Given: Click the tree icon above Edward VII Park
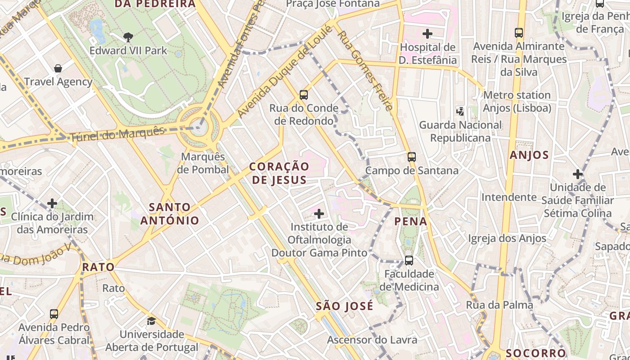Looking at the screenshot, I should click(128, 37).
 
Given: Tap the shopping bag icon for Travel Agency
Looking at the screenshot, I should click(58, 68).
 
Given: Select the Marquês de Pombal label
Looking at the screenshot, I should click(202, 163).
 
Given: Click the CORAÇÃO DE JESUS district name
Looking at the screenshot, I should click(279, 173).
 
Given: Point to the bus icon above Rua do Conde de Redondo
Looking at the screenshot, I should click(304, 94).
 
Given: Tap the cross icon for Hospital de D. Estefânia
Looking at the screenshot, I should click(427, 33).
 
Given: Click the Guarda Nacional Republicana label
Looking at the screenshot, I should click(460, 131).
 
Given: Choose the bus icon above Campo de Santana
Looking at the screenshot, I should click(412, 157).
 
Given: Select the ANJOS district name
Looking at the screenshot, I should click(529, 155).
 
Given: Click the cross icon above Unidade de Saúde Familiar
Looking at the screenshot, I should click(578, 174).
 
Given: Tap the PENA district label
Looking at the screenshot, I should click(410, 221).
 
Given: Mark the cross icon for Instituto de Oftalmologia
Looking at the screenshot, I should click(319, 213).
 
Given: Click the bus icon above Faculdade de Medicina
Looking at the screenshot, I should click(409, 260).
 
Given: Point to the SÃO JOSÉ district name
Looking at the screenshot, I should click(344, 306).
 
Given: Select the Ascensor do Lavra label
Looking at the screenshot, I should click(372, 340).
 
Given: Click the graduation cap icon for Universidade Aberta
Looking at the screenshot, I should click(152, 321).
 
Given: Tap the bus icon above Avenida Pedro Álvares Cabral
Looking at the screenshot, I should click(54, 314).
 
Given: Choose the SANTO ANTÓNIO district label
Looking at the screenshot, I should click(170, 214).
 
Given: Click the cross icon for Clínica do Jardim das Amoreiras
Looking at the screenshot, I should click(52, 203).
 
